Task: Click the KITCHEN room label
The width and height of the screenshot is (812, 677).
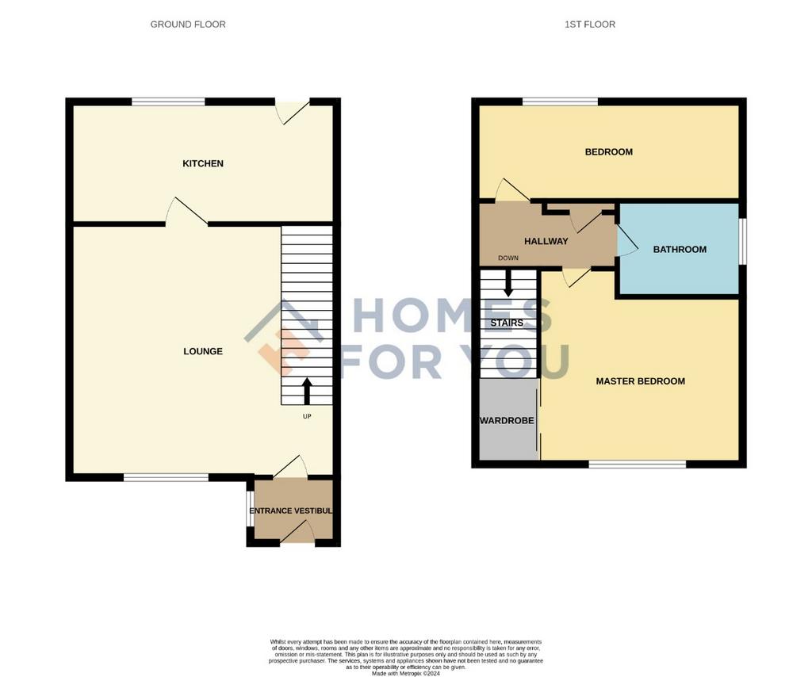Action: pyautogui.click(x=203, y=163)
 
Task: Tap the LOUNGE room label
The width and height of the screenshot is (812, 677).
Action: pyautogui.click(x=203, y=351)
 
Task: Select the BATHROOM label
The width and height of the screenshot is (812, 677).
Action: pyautogui.click(x=680, y=250)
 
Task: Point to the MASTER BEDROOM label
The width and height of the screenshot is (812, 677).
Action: pyautogui.click(x=640, y=381)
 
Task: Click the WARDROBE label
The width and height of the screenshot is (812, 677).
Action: pyautogui.click(x=507, y=421)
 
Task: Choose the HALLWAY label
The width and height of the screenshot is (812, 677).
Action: pyautogui.click(x=546, y=241)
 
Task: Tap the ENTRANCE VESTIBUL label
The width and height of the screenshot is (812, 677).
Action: pyautogui.click(x=290, y=511)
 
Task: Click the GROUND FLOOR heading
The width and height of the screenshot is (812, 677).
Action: pyautogui.click(x=188, y=25)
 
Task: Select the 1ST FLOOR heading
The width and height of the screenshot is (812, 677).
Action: pyautogui.click(x=590, y=25)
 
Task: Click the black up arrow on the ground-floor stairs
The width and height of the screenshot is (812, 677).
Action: pyautogui.click(x=307, y=392)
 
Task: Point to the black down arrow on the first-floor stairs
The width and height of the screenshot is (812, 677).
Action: pyautogui.click(x=508, y=284)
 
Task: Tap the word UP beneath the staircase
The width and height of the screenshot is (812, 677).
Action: pyautogui.click(x=307, y=416)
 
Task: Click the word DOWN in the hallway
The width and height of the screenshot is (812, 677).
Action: pyautogui.click(x=508, y=258)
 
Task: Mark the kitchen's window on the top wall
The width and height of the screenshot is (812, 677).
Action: pyautogui.click(x=168, y=102)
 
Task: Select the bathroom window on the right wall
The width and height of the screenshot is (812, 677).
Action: pyautogui.click(x=742, y=241)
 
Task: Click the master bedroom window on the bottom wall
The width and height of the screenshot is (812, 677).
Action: pyautogui.click(x=638, y=465)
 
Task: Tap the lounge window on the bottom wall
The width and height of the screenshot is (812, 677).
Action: pyautogui.click(x=166, y=477)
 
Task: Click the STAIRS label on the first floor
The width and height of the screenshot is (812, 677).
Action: pyautogui.click(x=507, y=323)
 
